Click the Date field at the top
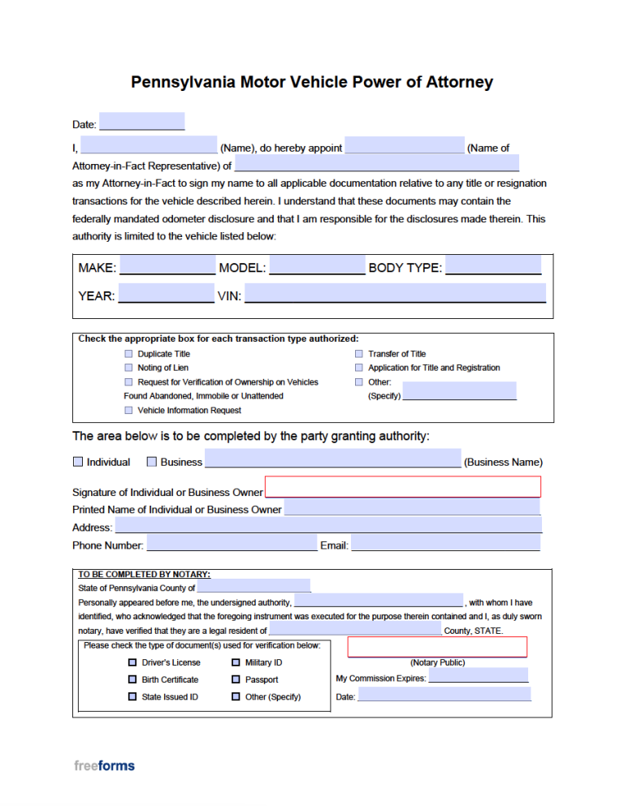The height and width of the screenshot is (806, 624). pos(141,122)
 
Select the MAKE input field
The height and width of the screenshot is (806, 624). pos(167,265)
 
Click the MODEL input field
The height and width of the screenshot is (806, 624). pos(317,265)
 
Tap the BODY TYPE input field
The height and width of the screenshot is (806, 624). pos(492,265)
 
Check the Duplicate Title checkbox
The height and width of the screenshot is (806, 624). pos(128,354)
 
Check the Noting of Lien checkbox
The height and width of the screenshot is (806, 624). pos(128,368)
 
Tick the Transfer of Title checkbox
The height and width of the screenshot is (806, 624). pos(358,354)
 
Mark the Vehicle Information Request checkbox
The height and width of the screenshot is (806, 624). pos(128,410)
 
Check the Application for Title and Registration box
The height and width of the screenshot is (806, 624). pos(358,368)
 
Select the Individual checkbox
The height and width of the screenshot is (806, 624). pos(78,462)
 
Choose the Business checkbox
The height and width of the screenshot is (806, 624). pos(152,462)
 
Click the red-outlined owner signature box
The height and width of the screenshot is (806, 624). pos(402,487)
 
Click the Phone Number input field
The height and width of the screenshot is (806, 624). pos(231,543)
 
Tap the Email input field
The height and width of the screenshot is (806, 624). pos(445,543)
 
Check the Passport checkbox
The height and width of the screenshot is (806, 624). pos(236,679)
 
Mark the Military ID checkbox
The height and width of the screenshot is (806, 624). pos(236,662)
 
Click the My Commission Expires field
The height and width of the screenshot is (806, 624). pos(478,676)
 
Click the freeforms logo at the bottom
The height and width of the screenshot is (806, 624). pos(104,765)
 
